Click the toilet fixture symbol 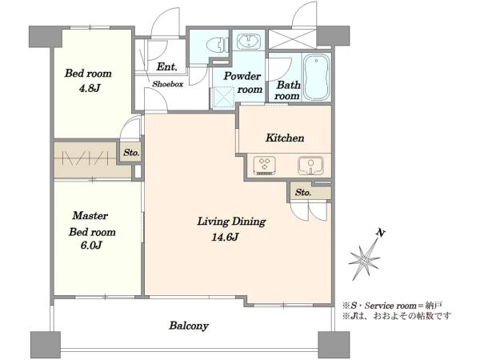coord(218,46)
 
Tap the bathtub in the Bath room coord(317,78)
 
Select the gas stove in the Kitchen coord(264,166)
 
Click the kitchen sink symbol coord(310,166)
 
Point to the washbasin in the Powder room coord(249,42)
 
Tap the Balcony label coord(189,326)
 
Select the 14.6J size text coord(225,237)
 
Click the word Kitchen coord(285,138)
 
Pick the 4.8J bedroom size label coord(90,88)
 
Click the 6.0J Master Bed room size coord(91,245)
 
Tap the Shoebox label coord(168,84)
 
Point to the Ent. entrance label coord(167,66)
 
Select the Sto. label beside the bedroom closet coord(132,152)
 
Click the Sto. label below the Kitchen coord(303,192)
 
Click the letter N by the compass coord(380,233)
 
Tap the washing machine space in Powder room coord(222,98)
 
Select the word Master coord(90,215)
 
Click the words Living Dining coord(231,221)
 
